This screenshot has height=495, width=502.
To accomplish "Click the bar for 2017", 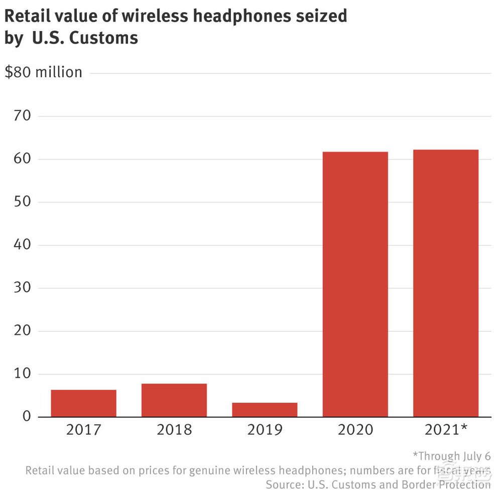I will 83,403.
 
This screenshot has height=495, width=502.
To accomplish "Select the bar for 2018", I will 174,400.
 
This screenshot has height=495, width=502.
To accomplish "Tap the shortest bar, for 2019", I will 265,410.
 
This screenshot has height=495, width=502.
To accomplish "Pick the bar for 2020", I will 355,284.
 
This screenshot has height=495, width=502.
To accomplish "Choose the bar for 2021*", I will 446,283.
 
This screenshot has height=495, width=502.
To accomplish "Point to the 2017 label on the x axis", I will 83,430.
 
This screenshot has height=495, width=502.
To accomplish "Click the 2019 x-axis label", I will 265,430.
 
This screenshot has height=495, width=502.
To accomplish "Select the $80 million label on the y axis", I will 43,72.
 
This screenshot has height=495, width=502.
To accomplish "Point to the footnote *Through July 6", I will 451,456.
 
